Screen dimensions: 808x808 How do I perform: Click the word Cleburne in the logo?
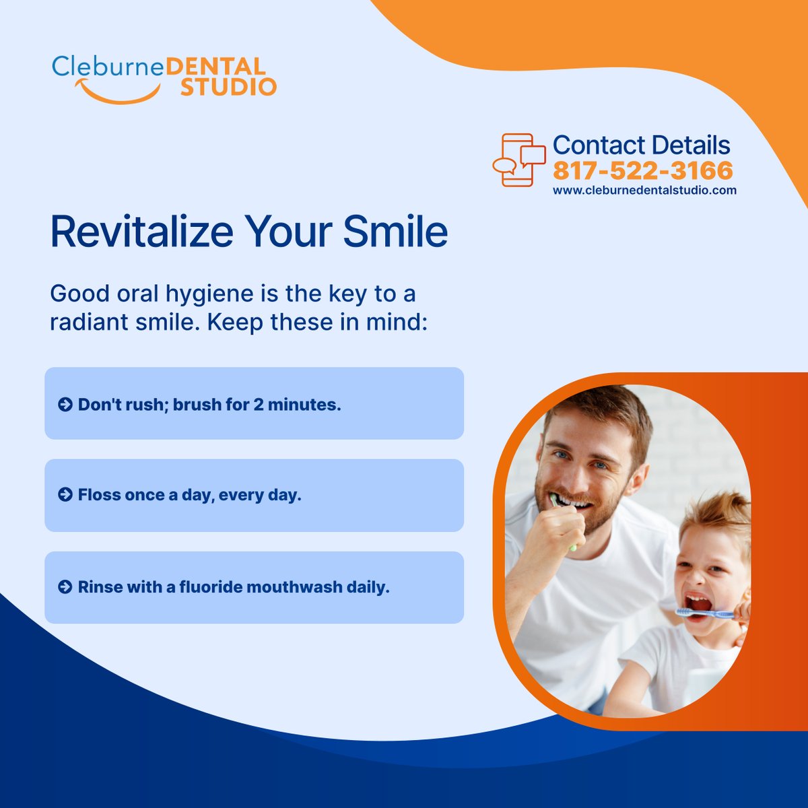click(107, 67)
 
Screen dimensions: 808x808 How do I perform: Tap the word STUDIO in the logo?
click(228, 87)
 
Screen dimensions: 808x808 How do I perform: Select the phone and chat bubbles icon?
click(518, 160)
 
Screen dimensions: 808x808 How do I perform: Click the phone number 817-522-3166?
click(642, 170)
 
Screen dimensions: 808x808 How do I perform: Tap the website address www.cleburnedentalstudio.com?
click(644, 191)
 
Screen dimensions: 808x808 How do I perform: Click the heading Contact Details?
click(641, 145)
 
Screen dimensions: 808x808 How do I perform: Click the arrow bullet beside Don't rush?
click(65, 405)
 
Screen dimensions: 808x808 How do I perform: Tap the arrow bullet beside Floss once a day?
click(65, 496)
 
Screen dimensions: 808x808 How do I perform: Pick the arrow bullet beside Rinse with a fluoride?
click(65, 587)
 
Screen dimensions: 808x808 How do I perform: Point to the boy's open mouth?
click(698, 603)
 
